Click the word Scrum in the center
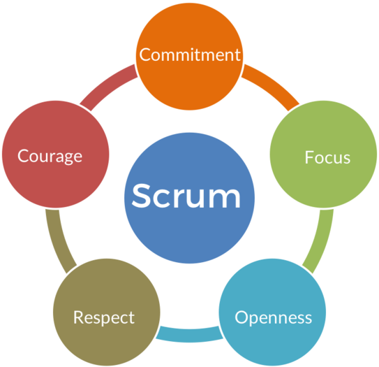point(186,196)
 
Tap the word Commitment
point(190,55)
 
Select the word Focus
point(327,157)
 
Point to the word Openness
point(274,317)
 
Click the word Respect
point(104,317)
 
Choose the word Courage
point(50,157)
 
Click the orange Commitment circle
point(190,57)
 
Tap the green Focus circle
point(323,154)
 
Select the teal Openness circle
point(272,312)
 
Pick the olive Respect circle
point(107,312)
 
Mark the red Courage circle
point(56,154)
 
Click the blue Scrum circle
point(190,198)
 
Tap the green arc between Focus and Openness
point(321,242)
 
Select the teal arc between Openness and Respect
point(190,336)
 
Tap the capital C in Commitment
point(146,55)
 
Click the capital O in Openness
point(242,317)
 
